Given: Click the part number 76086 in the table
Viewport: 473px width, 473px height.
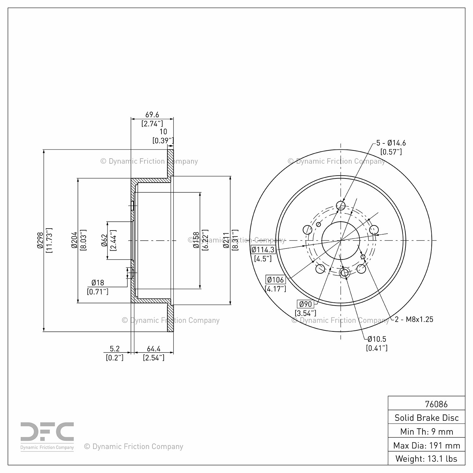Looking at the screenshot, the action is tap(436, 404).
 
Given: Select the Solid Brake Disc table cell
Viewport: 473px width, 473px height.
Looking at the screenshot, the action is tap(427, 418).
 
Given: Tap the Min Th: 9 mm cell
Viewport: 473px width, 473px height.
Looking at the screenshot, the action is tap(427, 431).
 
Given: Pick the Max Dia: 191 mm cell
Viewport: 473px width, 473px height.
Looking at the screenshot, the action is tap(427, 445).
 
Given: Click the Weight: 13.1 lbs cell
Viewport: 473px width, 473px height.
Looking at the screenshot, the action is tap(427, 458).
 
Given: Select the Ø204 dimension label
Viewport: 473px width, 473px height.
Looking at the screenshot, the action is tap(74, 241).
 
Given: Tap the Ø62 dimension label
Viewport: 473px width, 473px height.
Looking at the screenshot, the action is tap(104, 240).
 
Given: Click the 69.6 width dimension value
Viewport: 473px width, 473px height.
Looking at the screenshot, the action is tap(152, 115).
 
